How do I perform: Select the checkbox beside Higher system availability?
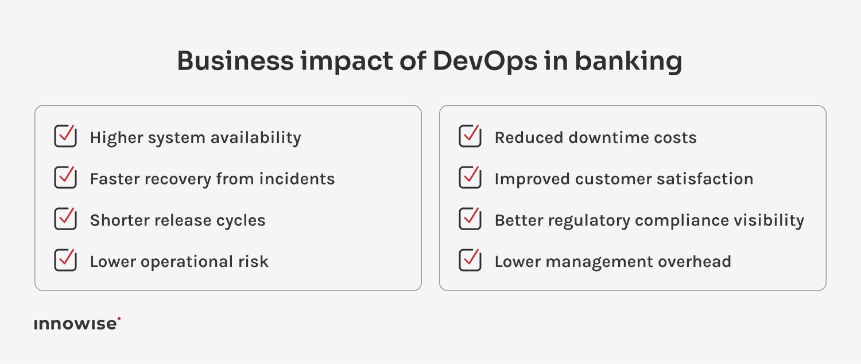pos(65,137)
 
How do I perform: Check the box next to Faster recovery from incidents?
pos(65,178)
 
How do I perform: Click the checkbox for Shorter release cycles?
pos(65,219)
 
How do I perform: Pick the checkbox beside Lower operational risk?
pos(65,261)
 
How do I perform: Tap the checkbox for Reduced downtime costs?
pos(470,137)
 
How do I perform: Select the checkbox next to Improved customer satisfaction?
pos(470,178)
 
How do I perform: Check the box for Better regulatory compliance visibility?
pos(470,219)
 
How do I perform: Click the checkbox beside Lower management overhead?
pos(470,261)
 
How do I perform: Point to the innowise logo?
pos(76,324)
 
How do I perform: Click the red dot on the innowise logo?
pos(119,318)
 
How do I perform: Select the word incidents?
pos(297,179)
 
